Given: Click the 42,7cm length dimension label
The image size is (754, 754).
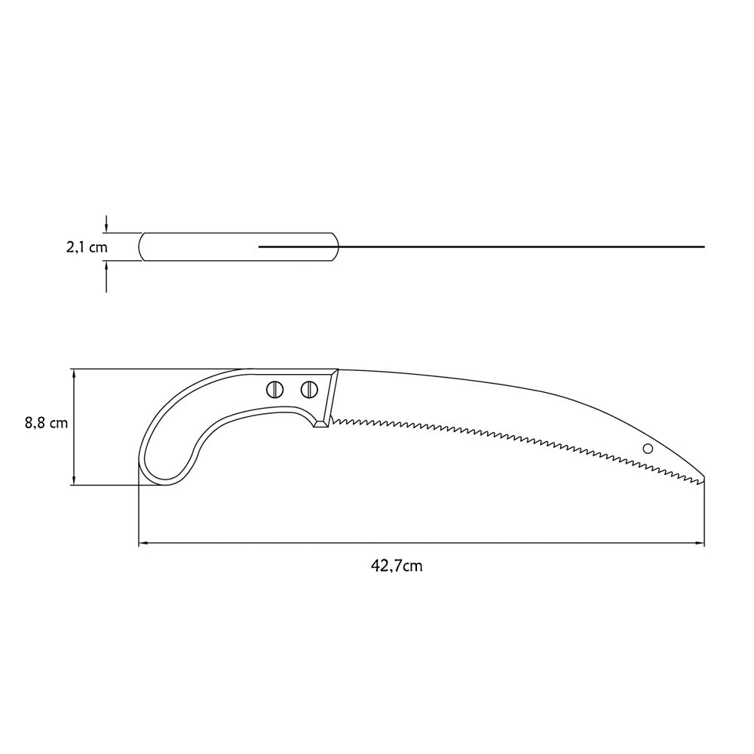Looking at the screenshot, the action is (x=397, y=565).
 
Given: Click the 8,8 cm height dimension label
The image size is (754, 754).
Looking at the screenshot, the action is (x=46, y=423).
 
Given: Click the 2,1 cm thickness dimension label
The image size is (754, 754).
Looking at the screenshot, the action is (x=87, y=247).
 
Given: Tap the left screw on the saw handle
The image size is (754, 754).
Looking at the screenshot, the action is (x=274, y=389).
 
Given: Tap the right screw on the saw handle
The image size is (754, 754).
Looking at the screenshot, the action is (x=309, y=389).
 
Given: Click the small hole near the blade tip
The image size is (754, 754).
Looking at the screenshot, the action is (x=648, y=448).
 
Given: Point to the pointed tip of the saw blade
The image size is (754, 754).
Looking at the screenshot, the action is (x=704, y=477).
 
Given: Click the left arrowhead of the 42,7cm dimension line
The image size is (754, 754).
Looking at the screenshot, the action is (x=143, y=544).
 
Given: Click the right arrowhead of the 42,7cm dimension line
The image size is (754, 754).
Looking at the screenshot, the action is (x=700, y=544).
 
